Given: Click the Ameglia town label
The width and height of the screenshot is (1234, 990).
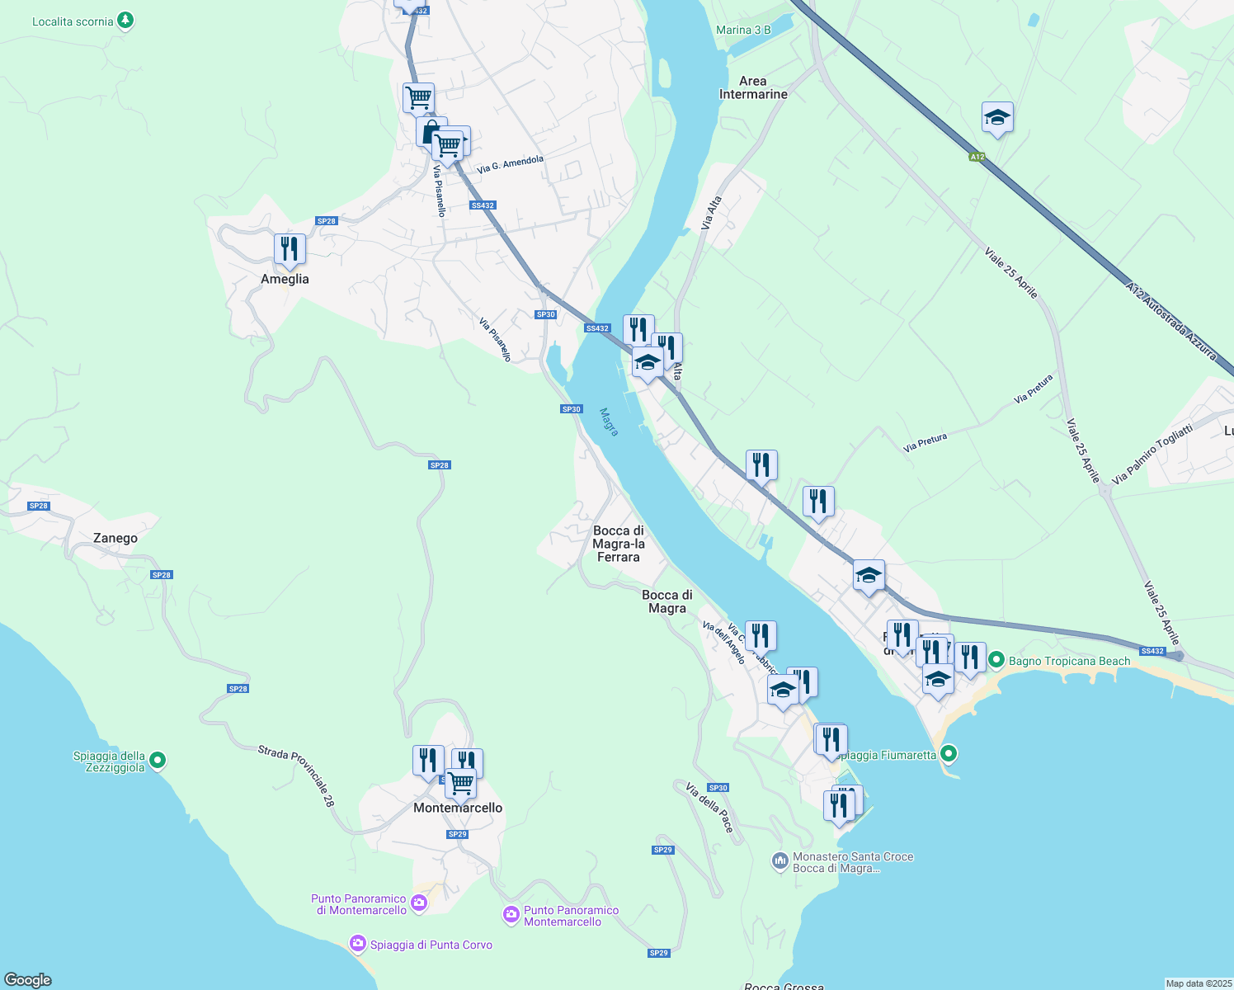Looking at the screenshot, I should coord(285,279).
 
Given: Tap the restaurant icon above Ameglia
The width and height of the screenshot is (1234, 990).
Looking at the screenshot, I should coord(290,248).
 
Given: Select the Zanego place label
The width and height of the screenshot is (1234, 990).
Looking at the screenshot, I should coord(115,538).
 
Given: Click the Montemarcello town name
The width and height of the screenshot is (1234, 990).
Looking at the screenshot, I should coord(458,808).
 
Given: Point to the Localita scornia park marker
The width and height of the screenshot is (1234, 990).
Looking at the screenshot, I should coord(125,20).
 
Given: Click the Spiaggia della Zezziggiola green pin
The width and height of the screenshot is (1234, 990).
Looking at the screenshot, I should coord(158,761).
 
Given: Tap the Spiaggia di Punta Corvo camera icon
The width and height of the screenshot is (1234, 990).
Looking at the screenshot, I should coord(357,943).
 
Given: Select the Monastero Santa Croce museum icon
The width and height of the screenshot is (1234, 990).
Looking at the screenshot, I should coord(779,862).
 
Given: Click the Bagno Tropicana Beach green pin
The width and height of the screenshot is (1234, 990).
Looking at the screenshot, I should coord(996,660).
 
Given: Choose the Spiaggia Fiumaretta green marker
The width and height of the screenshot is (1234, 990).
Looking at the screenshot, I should coord(949,752).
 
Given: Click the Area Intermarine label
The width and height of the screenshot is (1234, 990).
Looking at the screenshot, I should coord(753,87).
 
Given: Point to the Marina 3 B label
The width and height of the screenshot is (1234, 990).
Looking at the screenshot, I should coord(743,30).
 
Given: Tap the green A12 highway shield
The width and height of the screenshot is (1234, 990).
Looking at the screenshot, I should coord(977,157).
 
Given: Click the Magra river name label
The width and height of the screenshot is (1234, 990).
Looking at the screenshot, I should coord(610,422).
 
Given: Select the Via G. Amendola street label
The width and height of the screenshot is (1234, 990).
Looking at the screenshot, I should coord(510,163).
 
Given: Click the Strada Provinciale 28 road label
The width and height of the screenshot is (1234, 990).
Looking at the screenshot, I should coord(296,775).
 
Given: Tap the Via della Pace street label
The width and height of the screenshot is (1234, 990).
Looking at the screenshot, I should coord(709,808).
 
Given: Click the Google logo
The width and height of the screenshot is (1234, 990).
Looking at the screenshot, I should coord(28,980).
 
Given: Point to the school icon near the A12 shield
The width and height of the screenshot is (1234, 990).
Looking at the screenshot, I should coord(997,118).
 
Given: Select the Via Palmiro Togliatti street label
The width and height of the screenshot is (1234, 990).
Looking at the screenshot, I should coord(1152,455).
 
